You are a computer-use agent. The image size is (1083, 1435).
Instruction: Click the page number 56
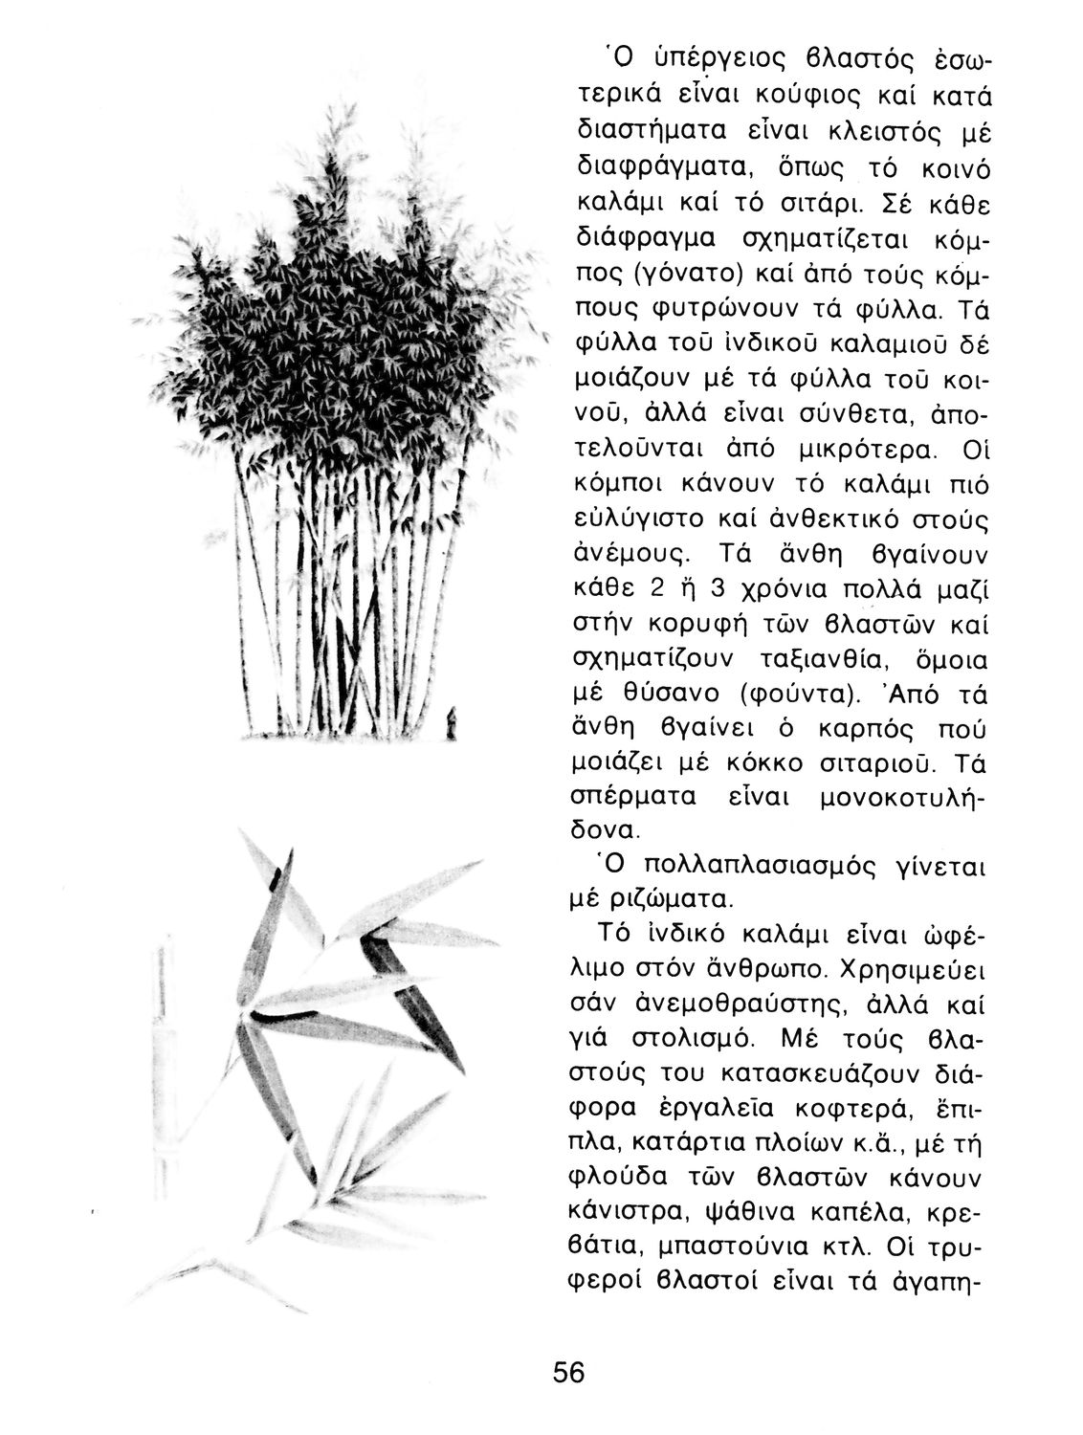pos(567,1372)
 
